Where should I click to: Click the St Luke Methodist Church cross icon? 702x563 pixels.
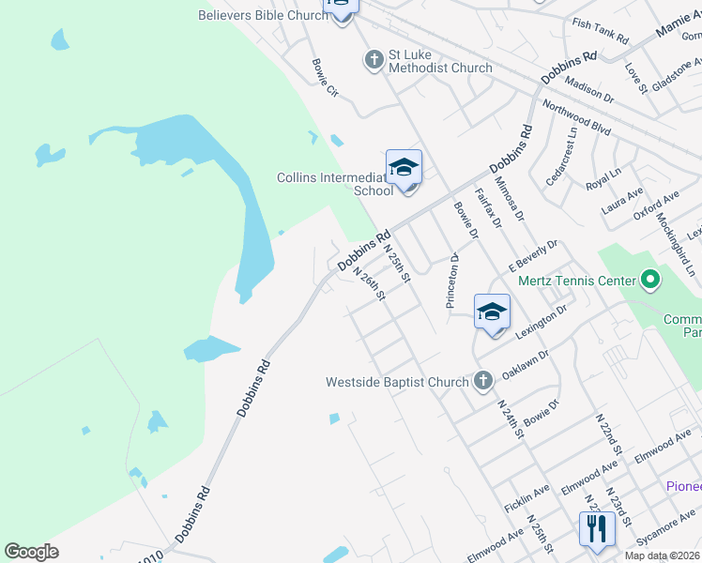pyautogui.click(x=374, y=60)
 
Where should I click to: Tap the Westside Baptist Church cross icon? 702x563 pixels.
pyautogui.click(x=482, y=381)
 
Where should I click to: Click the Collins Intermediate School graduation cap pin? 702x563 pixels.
pyautogui.click(x=404, y=168)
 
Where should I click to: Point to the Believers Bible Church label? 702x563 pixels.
pyautogui.click(x=264, y=15)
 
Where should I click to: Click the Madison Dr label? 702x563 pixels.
pyautogui.click(x=589, y=90)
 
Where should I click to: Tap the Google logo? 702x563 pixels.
pyautogui.click(x=32, y=552)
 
